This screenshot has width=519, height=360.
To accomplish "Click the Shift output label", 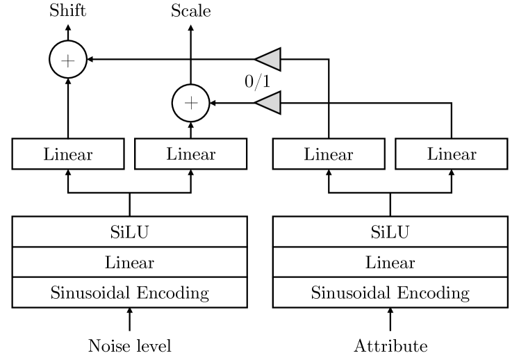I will point(67,10).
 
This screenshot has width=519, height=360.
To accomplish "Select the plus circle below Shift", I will point(67,60).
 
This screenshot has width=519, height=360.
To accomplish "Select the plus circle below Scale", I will point(190,103).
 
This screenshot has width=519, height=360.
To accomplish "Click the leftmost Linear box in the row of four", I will point(67,154).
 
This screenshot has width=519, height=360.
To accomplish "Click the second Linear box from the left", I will point(190,154).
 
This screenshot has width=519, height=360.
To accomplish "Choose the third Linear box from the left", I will point(328,154).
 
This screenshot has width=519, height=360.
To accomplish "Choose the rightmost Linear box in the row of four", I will point(452,154).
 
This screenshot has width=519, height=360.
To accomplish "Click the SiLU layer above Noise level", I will point(129,231).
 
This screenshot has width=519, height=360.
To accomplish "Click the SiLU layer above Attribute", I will point(390,231).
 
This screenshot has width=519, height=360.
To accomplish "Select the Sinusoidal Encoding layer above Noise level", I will point(129,293).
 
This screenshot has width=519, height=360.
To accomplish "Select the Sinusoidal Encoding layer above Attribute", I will point(390,293).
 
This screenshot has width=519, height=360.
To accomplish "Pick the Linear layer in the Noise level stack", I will point(129,263).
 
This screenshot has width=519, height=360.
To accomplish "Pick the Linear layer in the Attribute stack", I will point(390,263).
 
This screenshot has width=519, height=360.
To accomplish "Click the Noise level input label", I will point(129,345).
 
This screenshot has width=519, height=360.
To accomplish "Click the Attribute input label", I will point(390,345).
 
